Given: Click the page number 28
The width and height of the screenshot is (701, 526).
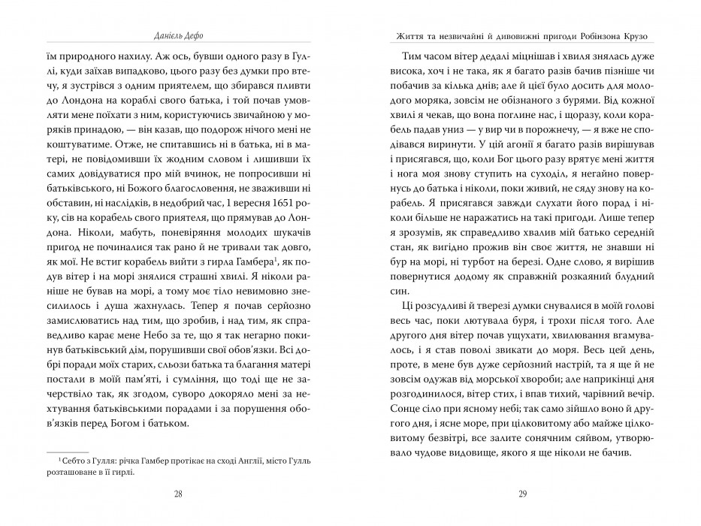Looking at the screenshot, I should tap(177, 493).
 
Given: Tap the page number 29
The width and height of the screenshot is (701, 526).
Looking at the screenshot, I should tap(524, 493).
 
